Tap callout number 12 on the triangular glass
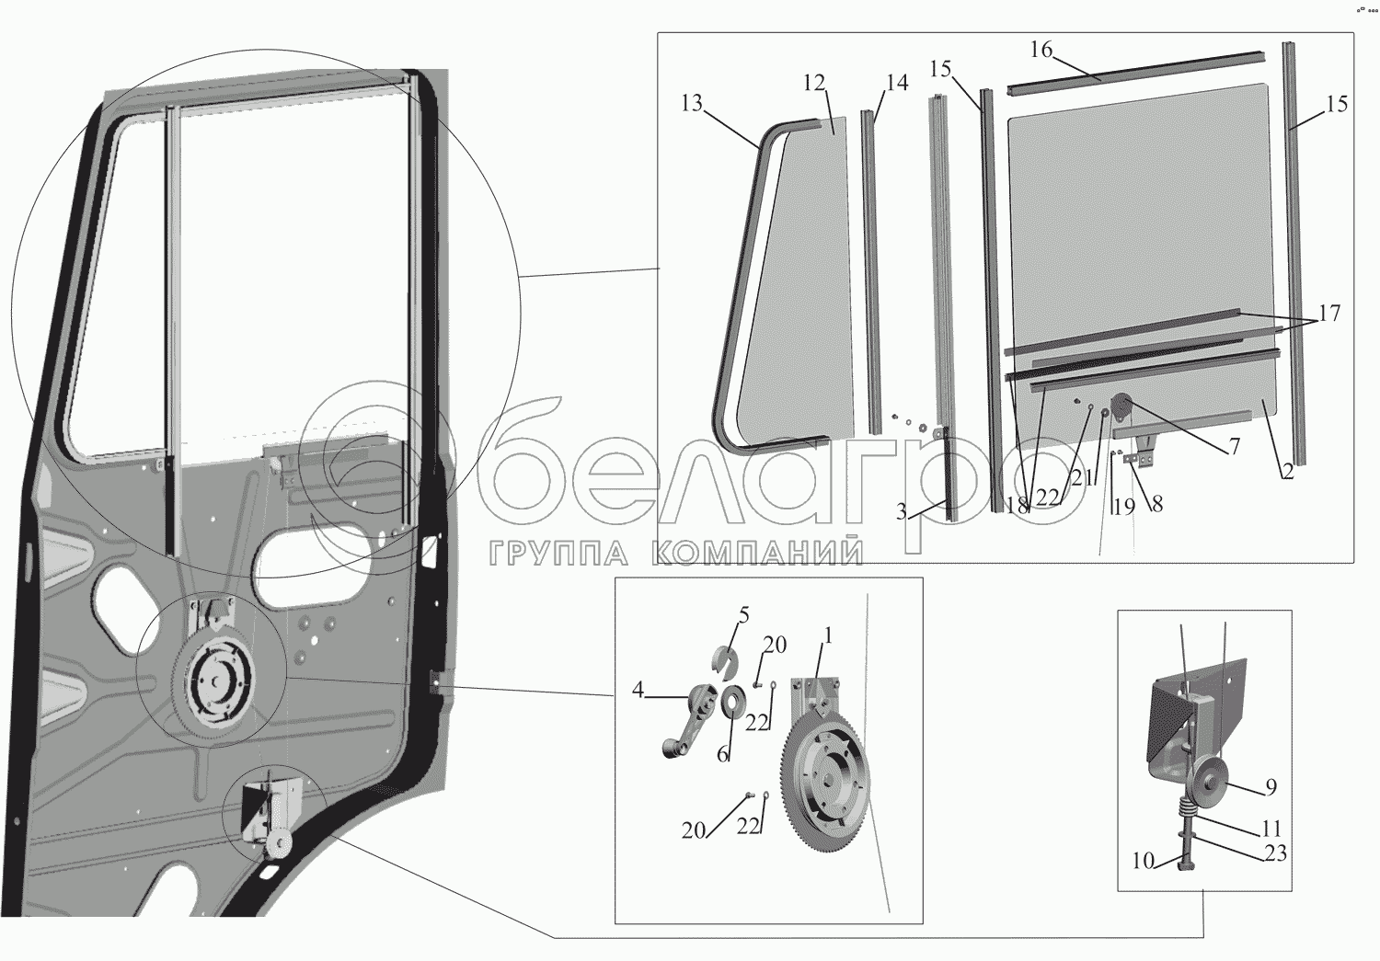coord(813,83)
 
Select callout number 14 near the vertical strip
coord(897,83)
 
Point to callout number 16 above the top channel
coord(1041,50)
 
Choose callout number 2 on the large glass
coord(1287,472)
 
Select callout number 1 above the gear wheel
coord(827,635)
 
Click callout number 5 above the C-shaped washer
coord(743,614)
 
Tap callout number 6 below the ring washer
coord(723,755)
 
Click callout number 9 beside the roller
coord(1271,787)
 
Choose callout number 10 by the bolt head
coord(1143,862)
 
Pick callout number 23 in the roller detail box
coord(1275,854)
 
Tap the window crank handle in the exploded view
coord(685,726)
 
